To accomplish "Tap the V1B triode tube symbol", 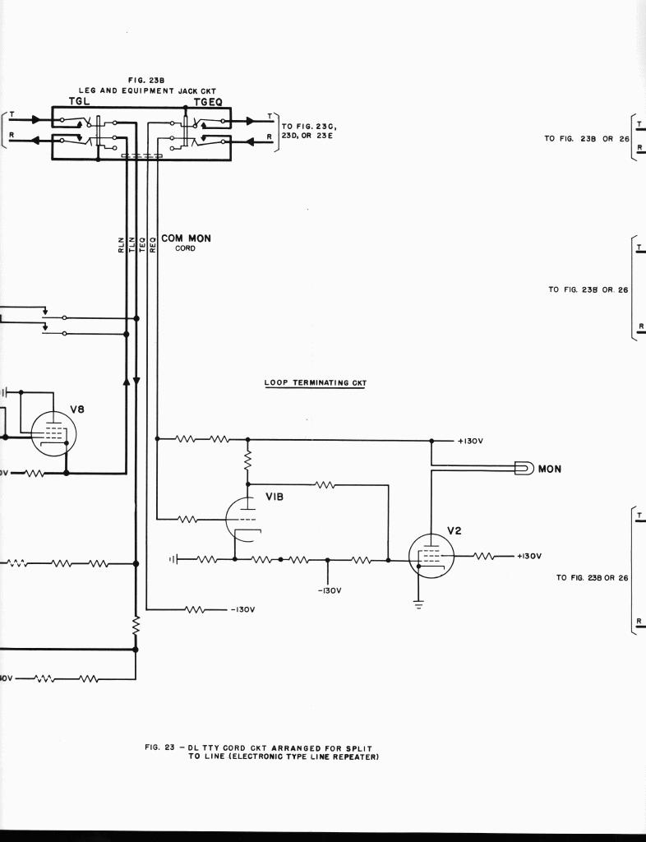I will (x=242, y=518).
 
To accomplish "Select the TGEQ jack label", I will (x=207, y=101).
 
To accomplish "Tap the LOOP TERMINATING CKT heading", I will (x=315, y=382).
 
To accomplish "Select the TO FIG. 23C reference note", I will (x=307, y=131).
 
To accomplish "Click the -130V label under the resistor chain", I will (x=329, y=590).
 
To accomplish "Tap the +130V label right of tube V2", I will (x=528, y=557).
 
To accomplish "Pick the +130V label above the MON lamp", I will (x=469, y=441).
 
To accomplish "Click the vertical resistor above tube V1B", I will (x=247, y=460).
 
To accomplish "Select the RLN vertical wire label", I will (x=122, y=244).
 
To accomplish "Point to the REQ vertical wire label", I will (x=152, y=244).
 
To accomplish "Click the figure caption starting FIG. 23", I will (x=261, y=752).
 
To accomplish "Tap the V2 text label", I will (x=455, y=530).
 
